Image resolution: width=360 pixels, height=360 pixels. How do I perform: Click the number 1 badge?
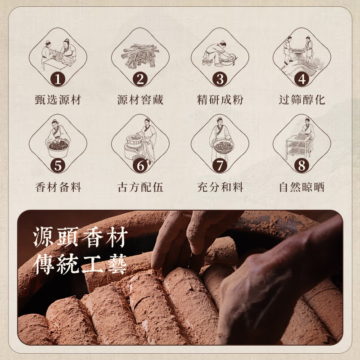[58, 79]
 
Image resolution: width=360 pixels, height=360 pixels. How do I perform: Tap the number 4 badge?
[302, 79]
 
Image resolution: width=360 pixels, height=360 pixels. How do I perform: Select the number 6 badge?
[140, 166]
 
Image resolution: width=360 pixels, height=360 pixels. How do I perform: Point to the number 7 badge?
[220, 166]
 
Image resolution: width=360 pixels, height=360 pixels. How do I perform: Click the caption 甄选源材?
[58, 100]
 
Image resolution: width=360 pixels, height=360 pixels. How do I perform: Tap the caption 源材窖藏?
[140, 100]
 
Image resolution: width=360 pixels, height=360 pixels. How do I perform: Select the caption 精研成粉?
[220, 100]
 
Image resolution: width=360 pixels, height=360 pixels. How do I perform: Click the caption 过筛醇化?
[302, 100]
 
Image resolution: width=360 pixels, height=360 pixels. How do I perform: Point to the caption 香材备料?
[58, 187]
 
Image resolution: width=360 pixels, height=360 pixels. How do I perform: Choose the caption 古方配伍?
[140, 187]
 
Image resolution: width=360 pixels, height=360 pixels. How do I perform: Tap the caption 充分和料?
[220, 187]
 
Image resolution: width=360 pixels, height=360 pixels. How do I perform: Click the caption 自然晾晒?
[302, 187]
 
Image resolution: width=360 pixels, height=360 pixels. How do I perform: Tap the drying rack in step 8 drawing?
[298, 147]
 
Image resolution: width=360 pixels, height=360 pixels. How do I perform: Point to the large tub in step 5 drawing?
[58, 148]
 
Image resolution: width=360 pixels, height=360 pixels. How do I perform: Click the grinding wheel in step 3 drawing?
[232, 58]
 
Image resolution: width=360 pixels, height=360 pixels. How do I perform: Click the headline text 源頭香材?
[80, 237]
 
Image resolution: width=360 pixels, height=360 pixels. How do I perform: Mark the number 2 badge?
[140, 79]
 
